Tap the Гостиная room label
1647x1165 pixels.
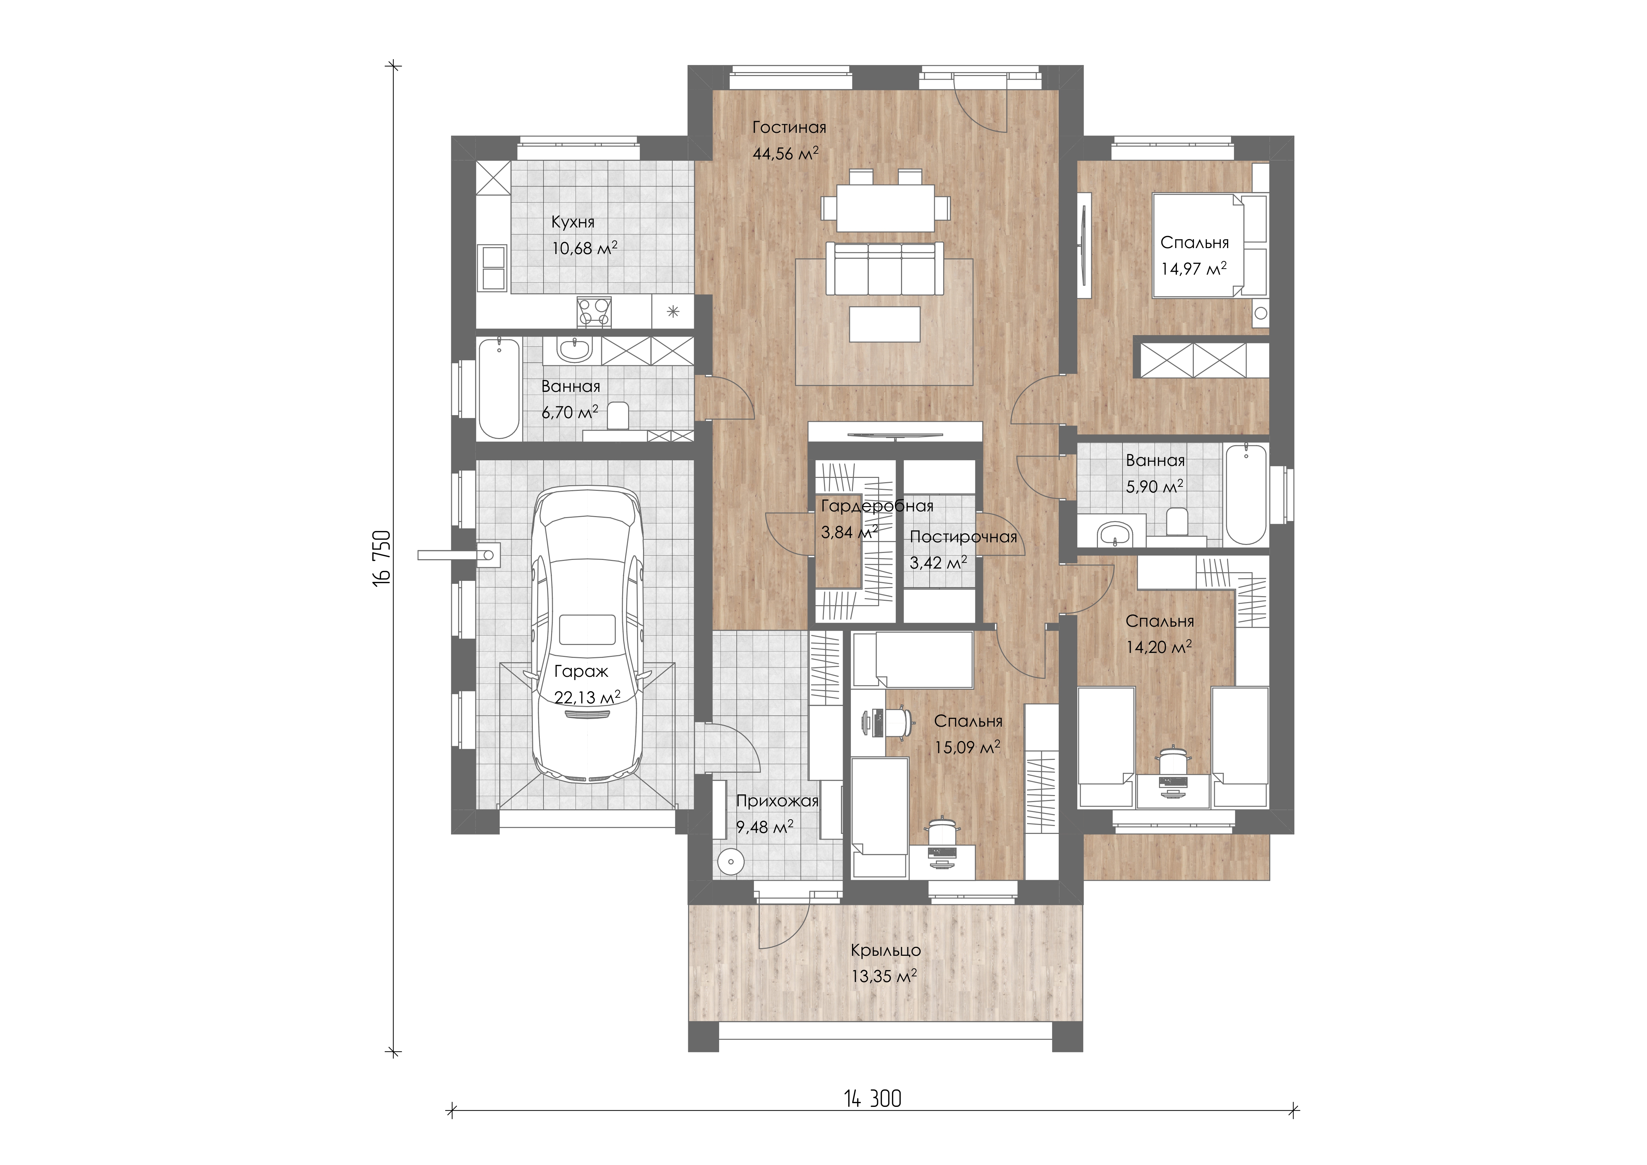tap(789, 128)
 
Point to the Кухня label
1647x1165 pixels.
tap(572, 223)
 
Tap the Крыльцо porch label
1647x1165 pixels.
tap(886, 950)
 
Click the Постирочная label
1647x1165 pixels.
tap(963, 537)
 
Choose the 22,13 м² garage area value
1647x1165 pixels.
tap(588, 697)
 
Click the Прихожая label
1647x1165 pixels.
tap(777, 801)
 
